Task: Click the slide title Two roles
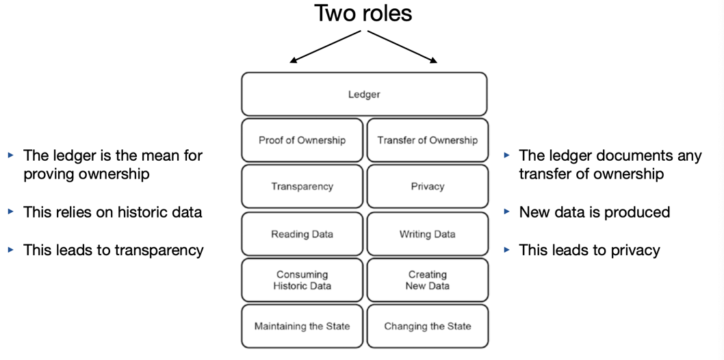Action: [x=363, y=13]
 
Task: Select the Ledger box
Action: [x=364, y=94]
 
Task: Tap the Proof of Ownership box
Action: [x=302, y=140]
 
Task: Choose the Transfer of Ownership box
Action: [x=427, y=140]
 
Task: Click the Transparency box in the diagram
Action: [x=302, y=186]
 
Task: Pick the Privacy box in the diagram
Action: [x=427, y=186]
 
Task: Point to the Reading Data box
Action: [x=302, y=234]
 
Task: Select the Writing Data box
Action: [x=427, y=234]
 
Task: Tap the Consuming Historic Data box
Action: [x=302, y=280]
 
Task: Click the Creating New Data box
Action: [x=427, y=280]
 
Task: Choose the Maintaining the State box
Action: [x=302, y=326]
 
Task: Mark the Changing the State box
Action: [x=427, y=326]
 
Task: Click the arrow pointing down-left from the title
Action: [x=325, y=47]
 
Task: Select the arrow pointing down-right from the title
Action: [x=402, y=47]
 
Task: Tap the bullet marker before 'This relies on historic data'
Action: [x=11, y=212]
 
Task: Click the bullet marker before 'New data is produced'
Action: [x=507, y=212]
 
